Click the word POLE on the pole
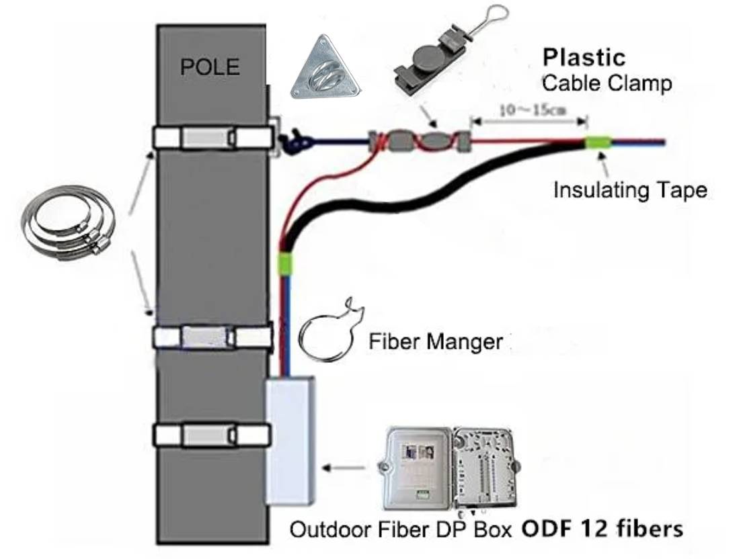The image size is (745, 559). [210, 67]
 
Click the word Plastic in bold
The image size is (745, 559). [584, 58]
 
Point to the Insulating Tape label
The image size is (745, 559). [630, 190]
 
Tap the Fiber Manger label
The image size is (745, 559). [436, 342]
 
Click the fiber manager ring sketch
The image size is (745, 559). [328, 337]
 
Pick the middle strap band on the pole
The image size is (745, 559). [212, 336]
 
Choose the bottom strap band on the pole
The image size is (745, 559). [212, 435]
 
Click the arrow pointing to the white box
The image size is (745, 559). [347, 466]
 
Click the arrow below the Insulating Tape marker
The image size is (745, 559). [604, 163]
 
